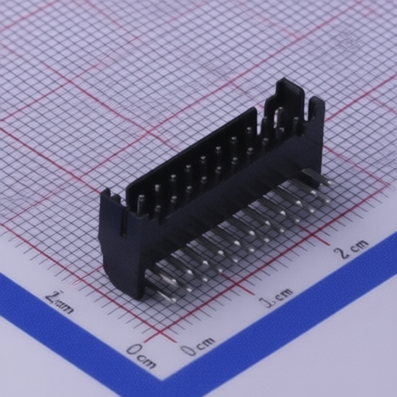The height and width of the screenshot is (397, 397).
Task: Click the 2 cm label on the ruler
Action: point(350,248)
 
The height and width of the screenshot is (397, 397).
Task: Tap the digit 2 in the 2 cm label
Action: point(340,252)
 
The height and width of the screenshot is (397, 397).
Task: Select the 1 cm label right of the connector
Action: point(276,297)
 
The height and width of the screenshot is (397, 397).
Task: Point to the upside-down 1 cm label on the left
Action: point(59,301)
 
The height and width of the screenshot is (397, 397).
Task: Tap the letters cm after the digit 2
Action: point(357,246)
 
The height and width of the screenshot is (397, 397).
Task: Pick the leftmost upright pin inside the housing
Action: point(142,204)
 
